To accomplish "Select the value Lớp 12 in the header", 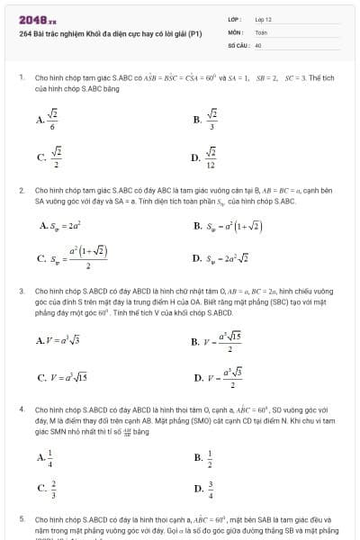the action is [263, 18].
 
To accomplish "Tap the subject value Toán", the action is [261, 31].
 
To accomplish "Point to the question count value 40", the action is [258, 43].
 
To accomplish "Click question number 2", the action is [22, 191].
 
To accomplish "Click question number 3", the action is [22, 292].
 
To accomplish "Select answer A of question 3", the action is [57, 340].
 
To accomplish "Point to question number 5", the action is [22, 519].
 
